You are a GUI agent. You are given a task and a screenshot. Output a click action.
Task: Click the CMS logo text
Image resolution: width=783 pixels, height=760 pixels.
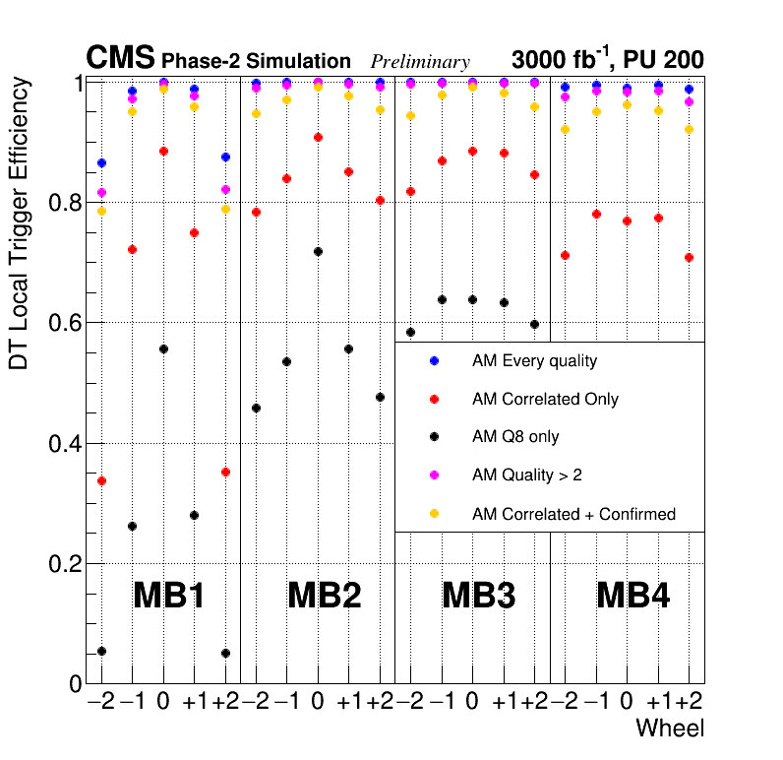[120, 58]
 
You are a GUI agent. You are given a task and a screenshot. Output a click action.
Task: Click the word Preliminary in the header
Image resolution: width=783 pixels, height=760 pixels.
[420, 62]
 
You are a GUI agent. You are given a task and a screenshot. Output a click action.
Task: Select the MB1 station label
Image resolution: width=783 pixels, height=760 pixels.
[168, 596]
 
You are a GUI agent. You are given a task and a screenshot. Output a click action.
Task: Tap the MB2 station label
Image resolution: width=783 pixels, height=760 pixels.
[324, 596]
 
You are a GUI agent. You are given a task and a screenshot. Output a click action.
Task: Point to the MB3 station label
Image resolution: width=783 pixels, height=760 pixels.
[478, 596]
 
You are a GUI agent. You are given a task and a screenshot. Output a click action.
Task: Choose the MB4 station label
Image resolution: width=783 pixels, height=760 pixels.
[633, 596]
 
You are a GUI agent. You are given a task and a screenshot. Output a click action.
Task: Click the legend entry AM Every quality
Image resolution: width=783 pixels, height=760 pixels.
[534, 361]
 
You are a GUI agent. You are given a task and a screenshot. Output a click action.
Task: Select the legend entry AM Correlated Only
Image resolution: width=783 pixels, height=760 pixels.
[545, 400]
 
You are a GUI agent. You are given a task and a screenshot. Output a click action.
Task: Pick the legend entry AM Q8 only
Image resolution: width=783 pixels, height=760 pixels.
[515, 437]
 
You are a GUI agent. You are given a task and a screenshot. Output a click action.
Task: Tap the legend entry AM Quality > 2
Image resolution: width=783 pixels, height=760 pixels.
[527, 475]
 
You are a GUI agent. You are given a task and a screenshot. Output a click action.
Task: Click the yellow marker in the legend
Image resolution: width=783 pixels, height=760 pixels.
[434, 514]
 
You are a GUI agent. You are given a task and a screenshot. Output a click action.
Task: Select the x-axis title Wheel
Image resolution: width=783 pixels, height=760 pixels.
[670, 729]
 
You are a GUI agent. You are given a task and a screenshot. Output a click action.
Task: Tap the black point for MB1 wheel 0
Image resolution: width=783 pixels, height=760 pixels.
[163, 349]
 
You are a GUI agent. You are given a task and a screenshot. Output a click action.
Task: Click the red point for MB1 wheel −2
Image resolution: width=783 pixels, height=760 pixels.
[101, 481]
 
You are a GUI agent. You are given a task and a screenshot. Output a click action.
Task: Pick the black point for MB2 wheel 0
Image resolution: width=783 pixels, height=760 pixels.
[318, 252]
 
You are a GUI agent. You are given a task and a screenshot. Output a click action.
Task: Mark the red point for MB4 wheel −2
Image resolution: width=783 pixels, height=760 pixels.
[565, 256]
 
